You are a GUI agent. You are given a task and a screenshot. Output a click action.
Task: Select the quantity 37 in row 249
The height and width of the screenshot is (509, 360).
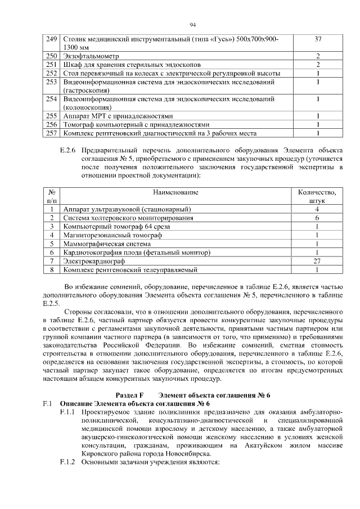pyautogui.click(x=318, y=39)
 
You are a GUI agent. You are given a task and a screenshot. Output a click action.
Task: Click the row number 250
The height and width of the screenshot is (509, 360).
pyautogui.click(x=52, y=56)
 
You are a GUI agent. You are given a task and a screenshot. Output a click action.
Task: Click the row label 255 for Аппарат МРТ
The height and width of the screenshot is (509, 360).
pyautogui.click(x=52, y=116)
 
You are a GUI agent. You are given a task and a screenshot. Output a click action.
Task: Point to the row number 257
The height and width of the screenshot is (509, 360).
pyautogui.click(x=52, y=133)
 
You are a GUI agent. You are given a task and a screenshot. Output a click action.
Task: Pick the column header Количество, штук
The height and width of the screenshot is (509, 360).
pyautogui.click(x=317, y=197)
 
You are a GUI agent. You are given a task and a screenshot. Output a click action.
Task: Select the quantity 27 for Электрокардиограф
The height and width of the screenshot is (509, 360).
pyautogui.click(x=317, y=262)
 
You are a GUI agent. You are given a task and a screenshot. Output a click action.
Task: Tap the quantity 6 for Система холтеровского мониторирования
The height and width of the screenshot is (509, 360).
pyautogui.click(x=317, y=218)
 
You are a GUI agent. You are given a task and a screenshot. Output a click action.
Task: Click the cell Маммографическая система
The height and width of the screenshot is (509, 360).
pyautogui.click(x=107, y=244)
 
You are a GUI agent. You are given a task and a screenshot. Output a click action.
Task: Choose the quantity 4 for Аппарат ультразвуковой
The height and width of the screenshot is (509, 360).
pyautogui.click(x=317, y=209)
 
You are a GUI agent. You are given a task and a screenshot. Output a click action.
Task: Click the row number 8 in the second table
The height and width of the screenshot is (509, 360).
pyautogui.click(x=51, y=270)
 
